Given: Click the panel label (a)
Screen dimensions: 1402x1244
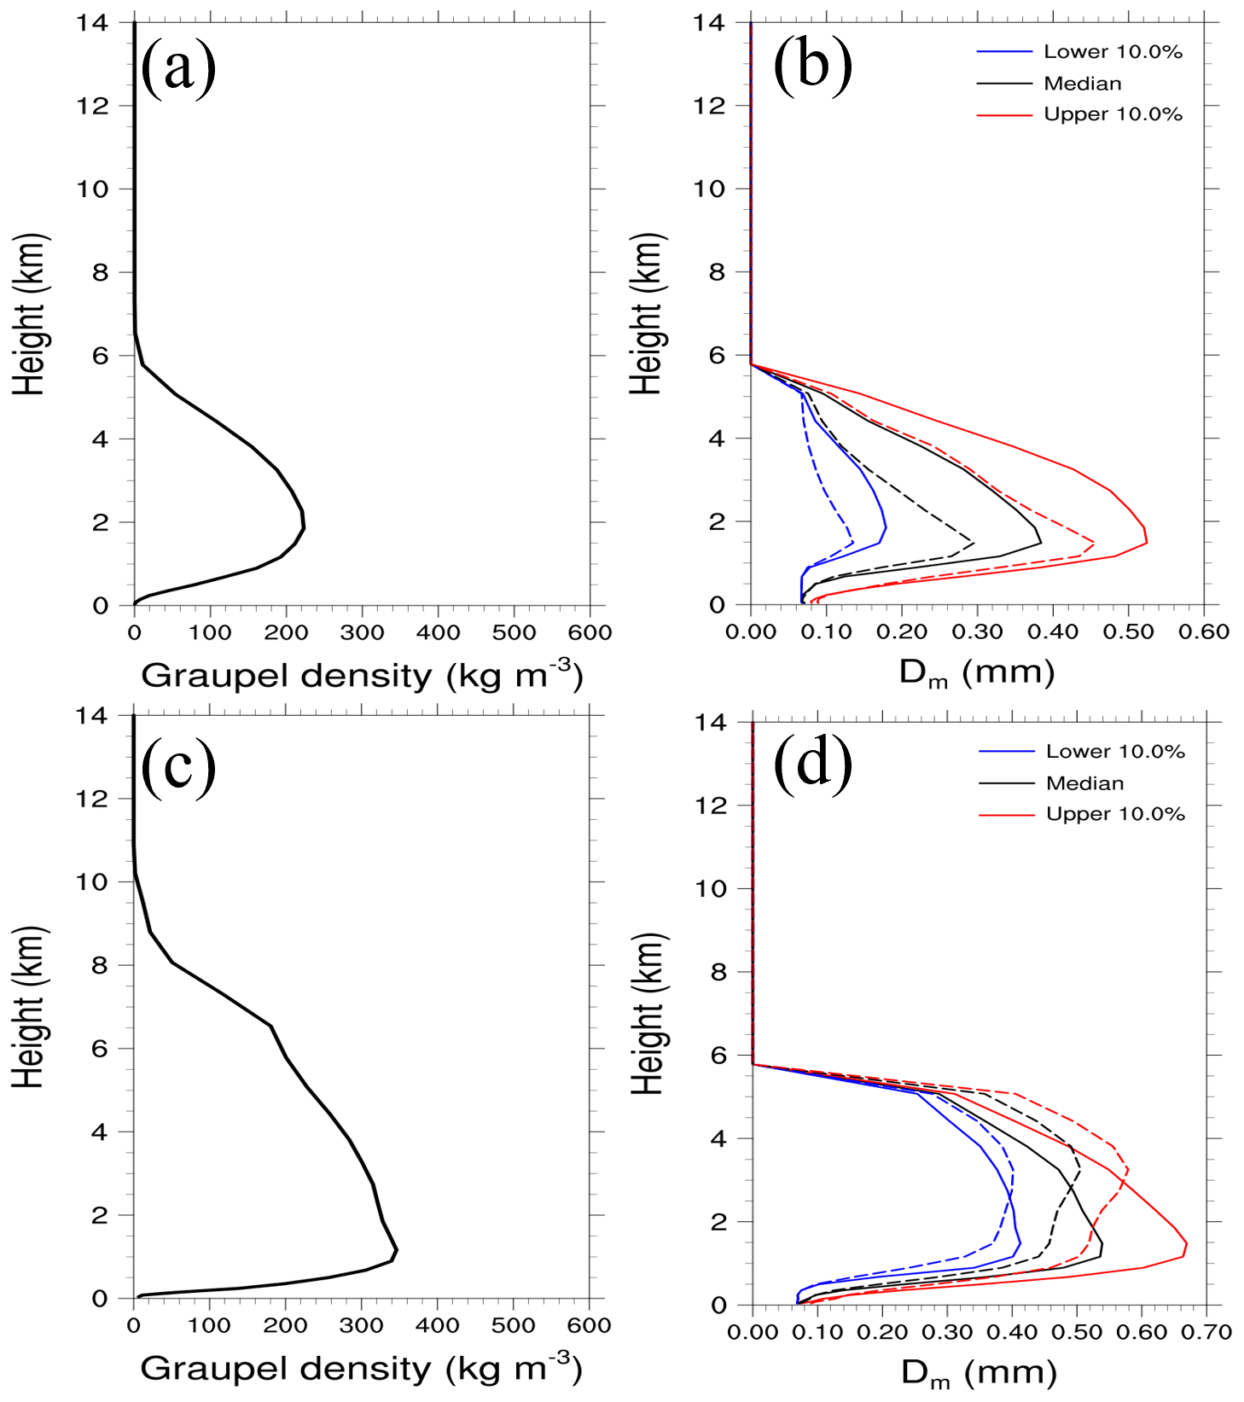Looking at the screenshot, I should pyautogui.click(x=178, y=67).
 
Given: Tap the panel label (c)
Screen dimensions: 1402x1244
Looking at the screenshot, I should pyautogui.click(x=178, y=765).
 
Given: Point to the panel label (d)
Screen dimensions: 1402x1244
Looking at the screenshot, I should pyautogui.click(x=812, y=762).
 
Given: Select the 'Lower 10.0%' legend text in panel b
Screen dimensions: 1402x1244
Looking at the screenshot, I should pyautogui.click(x=1113, y=52).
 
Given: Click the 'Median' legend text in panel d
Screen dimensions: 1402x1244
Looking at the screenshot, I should pyautogui.click(x=1084, y=783).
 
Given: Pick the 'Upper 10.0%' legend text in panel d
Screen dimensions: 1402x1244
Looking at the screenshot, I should pyautogui.click(x=1115, y=815).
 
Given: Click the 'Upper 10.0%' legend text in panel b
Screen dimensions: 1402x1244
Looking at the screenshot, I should pyautogui.click(x=1113, y=115).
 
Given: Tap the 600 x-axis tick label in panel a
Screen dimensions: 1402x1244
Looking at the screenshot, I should pyautogui.click(x=590, y=633).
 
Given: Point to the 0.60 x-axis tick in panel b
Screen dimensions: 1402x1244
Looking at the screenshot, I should pyautogui.click(x=1204, y=632).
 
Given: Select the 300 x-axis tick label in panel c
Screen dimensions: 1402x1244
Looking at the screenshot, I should pyautogui.click(x=361, y=1326).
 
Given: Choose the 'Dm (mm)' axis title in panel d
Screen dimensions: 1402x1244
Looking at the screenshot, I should pyautogui.click(x=979, y=1373).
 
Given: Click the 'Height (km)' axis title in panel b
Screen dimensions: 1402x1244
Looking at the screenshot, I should pyautogui.click(x=647, y=314).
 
